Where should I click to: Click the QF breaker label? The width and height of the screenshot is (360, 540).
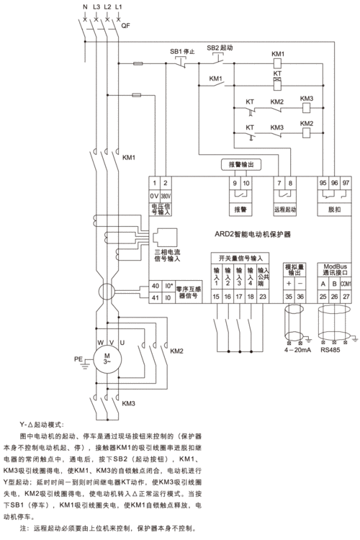pos(126,24)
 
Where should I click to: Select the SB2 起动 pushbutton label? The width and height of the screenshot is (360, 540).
pos(220,48)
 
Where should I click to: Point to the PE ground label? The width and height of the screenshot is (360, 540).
pos(78,356)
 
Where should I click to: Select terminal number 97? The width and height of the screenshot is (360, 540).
pos(346,184)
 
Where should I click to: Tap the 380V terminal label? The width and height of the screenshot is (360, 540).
pos(166,196)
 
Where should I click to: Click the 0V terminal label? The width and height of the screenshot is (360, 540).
pos(153,196)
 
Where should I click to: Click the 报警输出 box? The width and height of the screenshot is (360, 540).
pos(240,165)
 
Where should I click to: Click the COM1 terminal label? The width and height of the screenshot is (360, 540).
pos(346,285)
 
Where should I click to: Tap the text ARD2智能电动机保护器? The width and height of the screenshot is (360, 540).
pos(256,234)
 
